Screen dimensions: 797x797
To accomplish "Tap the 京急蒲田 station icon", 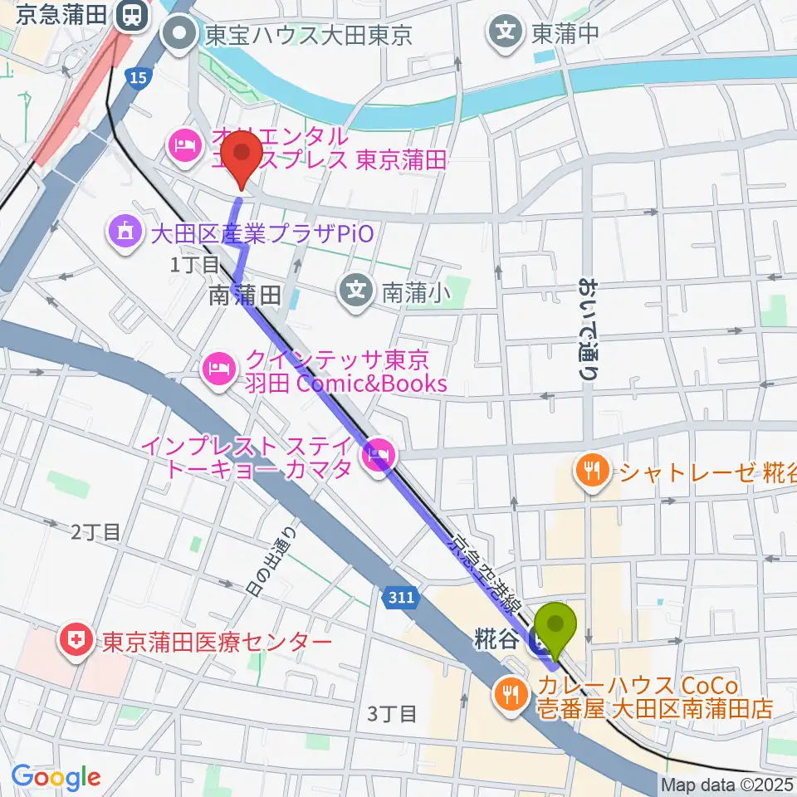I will [130, 15].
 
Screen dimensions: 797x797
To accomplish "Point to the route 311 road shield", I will [396, 596].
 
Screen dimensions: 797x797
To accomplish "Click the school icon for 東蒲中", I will [505, 33].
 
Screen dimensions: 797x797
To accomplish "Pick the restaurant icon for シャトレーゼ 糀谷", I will [592, 472].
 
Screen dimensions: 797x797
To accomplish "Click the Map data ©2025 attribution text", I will [727, 785].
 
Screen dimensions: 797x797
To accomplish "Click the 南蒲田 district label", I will [246, 293].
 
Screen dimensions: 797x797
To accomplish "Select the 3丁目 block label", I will [391, 713].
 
